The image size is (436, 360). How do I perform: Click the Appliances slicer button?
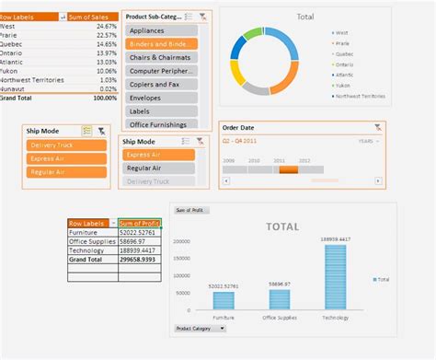pyautogui.click(x=161, y=29)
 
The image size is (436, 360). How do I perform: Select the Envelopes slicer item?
pyautogui.click(x=161, y=97)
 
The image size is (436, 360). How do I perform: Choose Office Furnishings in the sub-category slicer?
pyautogui.click(x=161, y=124)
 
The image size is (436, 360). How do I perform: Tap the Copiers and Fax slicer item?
pyautogui.click(x=161, y=84)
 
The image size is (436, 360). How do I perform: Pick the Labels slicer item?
pyautogui.click(x=161, y=110)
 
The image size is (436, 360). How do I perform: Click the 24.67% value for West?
pyautogui.click(x=104, y=27)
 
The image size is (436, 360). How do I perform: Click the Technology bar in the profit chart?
pyautogui.click(x=335, y=276)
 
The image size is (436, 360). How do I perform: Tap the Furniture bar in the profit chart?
pyautogui.click(x=224, y=300)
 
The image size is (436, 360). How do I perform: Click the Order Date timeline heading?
pyautogui.click(x=239, y=128)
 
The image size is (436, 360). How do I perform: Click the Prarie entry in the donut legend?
pyautogui.click(x=344, y=43)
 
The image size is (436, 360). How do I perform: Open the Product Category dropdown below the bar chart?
pyautogui.click(x=200, y=328)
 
